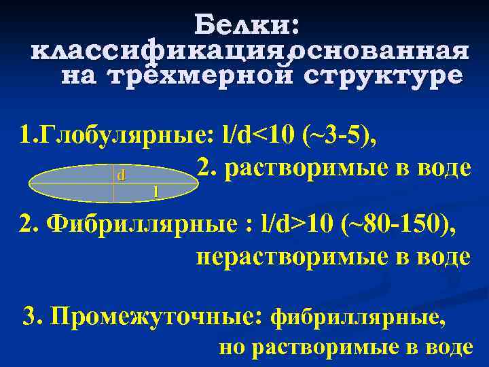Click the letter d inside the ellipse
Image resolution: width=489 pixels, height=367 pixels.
pyautogui.click(x=121, y=175)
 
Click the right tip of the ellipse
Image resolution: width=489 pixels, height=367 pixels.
pyautogui.click(x=193, y=184)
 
